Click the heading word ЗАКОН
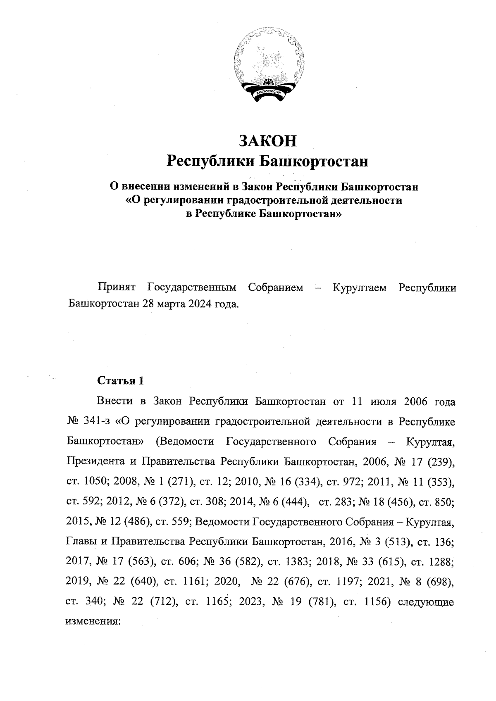267,141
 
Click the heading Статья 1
120,381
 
